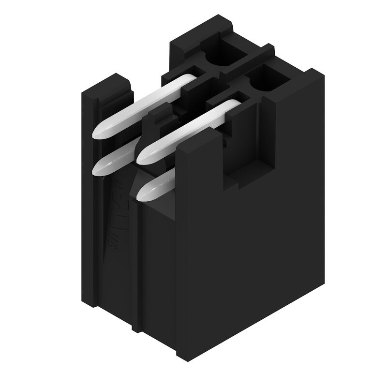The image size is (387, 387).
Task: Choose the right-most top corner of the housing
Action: point(323,74)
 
